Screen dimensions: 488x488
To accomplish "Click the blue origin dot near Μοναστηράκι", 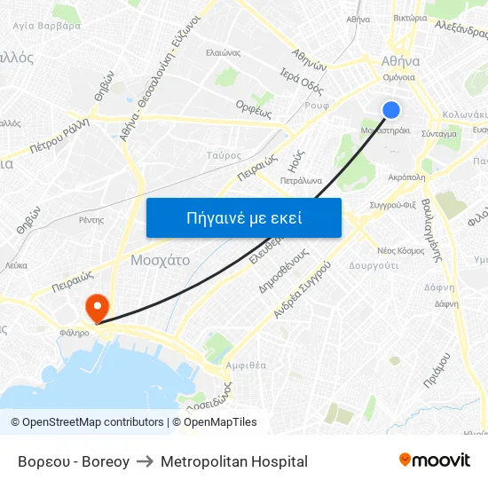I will pyautogui.click(x=391, y=109).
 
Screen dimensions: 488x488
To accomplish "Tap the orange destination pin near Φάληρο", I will pyautogui.click(x=96, y=307).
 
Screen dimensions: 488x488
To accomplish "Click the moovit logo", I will pyautogui.click(x=435, y=460).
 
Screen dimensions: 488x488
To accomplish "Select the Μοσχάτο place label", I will pyautogui.click(x=160, y=261).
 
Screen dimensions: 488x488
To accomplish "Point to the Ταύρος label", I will pyautogui.click(x=224, y=154).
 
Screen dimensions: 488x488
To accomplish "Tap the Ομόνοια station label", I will pyautogui.click(x=398, y=77).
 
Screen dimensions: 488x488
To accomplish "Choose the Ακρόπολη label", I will pyautogui.click(x=407, y=177).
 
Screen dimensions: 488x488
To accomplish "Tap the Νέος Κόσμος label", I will pyautogui.click(x=401, y=250).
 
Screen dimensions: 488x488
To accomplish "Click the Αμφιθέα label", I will pyautogui.click(x=247, y=364).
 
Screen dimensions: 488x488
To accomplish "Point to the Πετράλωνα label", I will pyautogui.click(x=301, y=180).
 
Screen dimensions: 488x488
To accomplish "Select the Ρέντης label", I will pyautogui.click(x=91, y=219).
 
